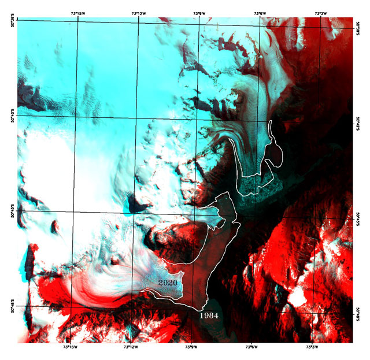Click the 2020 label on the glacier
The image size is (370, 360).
tap(168, 283)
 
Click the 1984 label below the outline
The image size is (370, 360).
tap(208, 316)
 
